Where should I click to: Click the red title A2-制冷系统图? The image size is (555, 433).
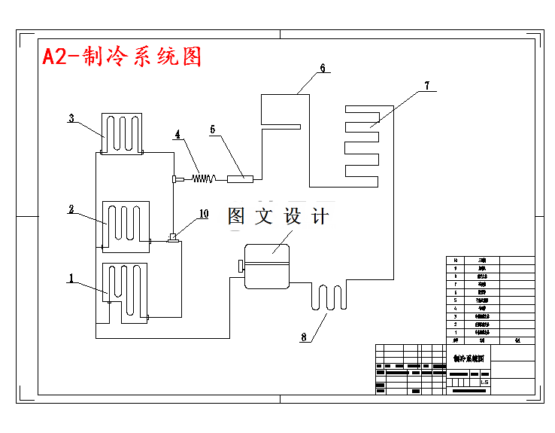click(122, 56)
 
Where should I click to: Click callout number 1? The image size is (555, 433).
click(71, 278)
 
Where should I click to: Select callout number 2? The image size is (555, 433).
click(71, 209)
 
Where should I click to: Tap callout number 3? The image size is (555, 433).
click(71, 118)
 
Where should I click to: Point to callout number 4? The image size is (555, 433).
click(178, 135)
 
